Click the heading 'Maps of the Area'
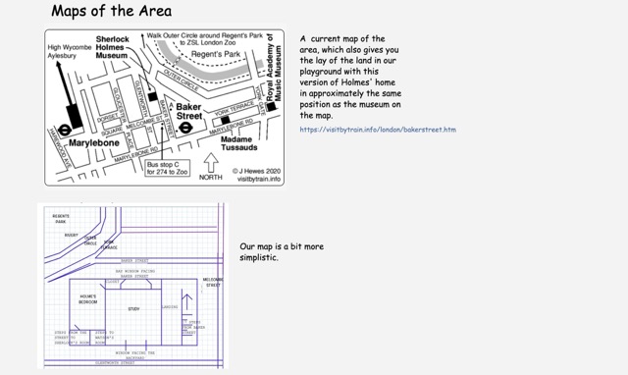(x=111, y=12)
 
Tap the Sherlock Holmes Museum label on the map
(x=112, y=47)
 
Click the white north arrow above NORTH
(x=211, y=161)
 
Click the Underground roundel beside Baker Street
(x=184, y=126)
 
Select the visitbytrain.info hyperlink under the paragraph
(x=378, y=130)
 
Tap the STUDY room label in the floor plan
(x=133, y=309)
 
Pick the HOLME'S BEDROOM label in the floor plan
(x=88, y=299)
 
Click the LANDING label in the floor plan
(x=169, y=306)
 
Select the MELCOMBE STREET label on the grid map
(x=213, y=282)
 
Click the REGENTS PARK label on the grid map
(x=61, y=218)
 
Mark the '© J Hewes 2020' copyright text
(x=256, y=170)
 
